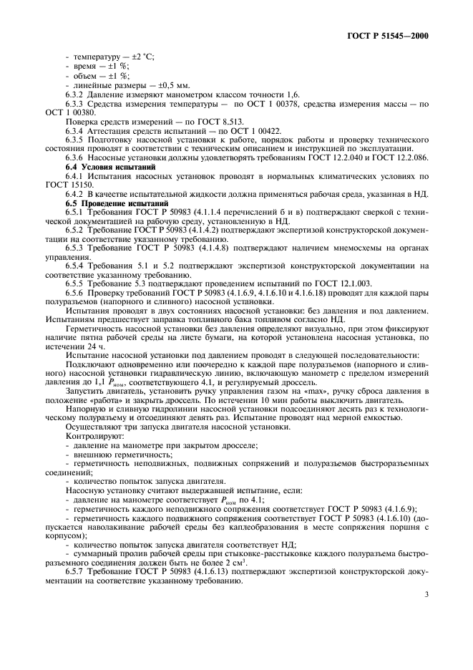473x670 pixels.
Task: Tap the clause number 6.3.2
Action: (x=77, y=94)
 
